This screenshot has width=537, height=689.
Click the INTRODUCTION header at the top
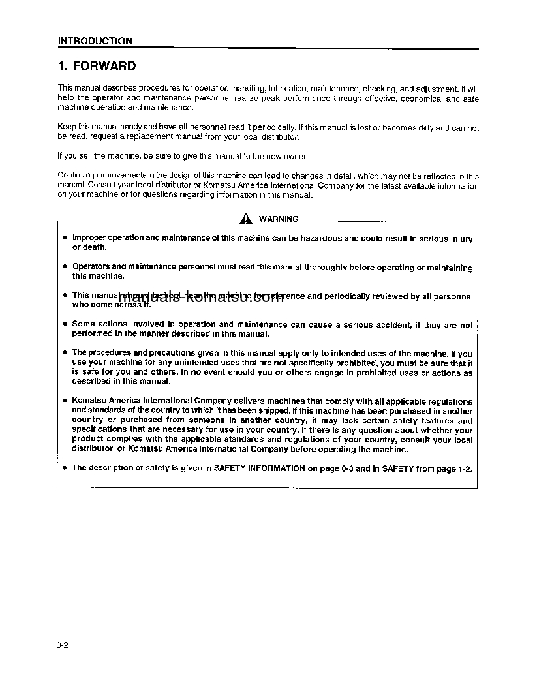95,41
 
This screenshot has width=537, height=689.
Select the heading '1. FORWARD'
97,66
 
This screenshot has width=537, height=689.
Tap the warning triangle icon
245,219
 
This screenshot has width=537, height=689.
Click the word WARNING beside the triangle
279,219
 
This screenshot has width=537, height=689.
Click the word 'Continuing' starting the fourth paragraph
76,176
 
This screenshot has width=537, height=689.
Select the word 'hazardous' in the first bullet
320,239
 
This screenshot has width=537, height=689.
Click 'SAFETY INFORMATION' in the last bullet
259,468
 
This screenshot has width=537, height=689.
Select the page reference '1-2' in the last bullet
464,468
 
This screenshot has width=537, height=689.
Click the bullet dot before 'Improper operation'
65,239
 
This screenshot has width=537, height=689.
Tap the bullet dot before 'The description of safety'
65,468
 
